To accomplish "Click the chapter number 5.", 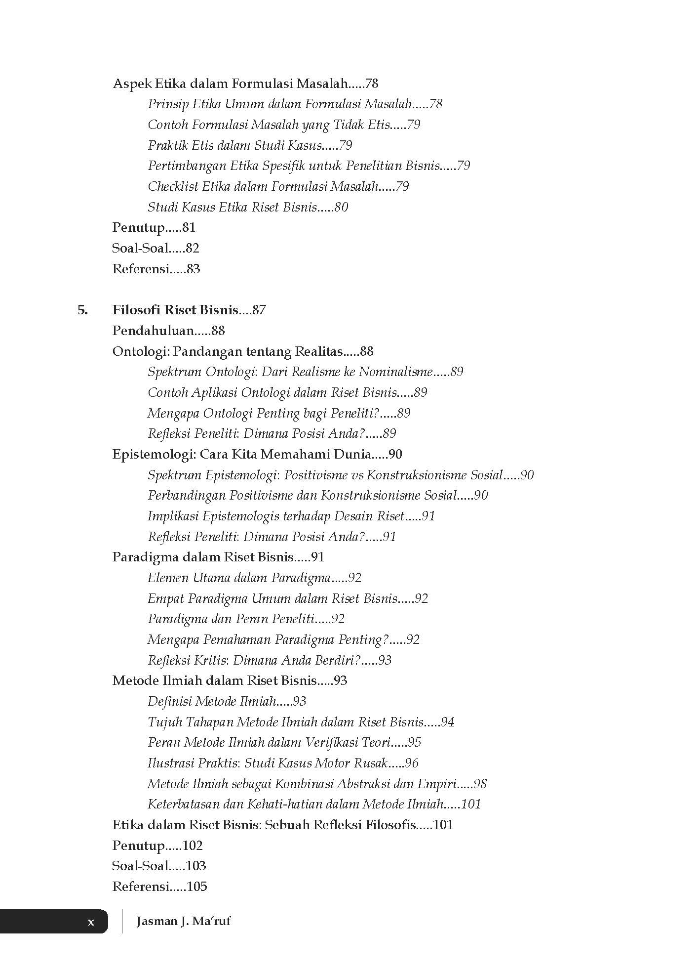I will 82,310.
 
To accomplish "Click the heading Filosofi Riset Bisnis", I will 175,310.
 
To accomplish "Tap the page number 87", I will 259,310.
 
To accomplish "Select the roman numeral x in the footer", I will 91,922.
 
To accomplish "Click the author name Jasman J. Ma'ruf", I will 183,921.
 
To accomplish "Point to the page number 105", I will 197,887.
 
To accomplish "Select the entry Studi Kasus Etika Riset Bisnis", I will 232,207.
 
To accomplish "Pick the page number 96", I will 411,763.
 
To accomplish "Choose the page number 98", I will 480,784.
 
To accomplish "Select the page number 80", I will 341,207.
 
